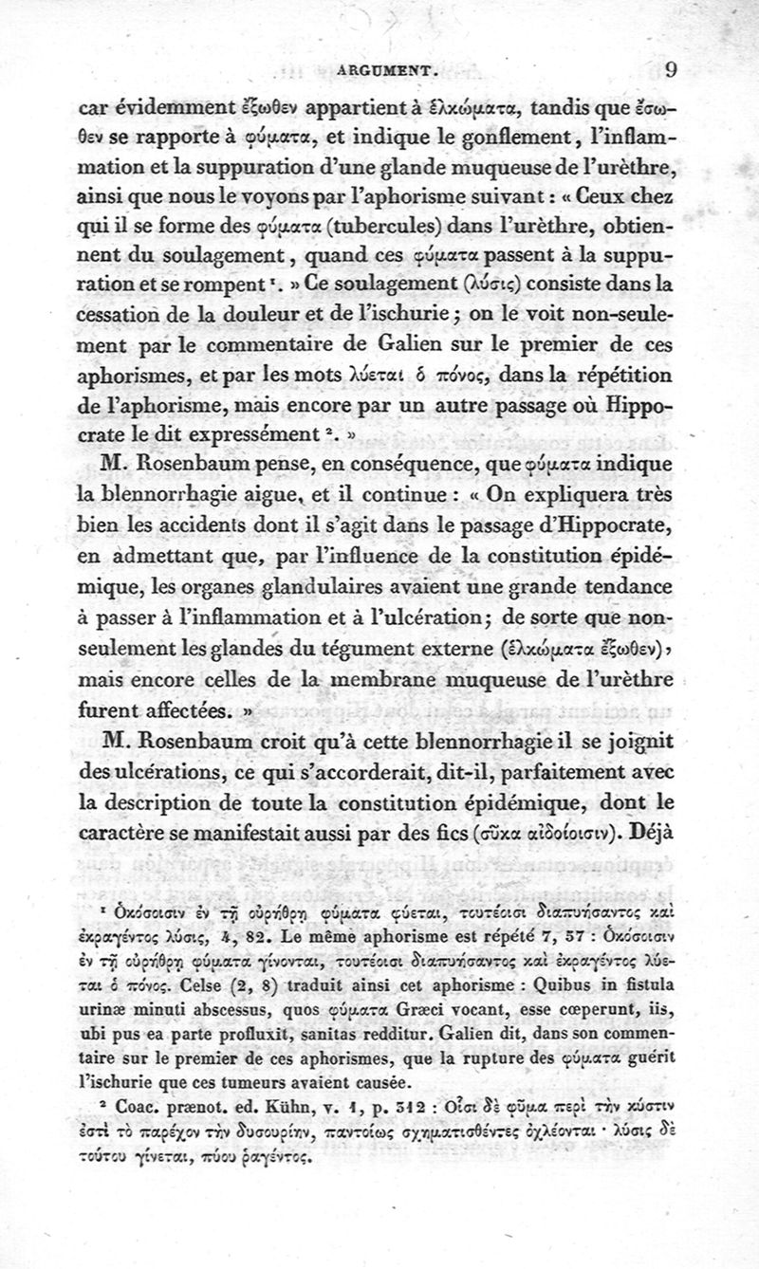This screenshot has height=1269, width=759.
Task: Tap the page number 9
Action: (x=671, y=67)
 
